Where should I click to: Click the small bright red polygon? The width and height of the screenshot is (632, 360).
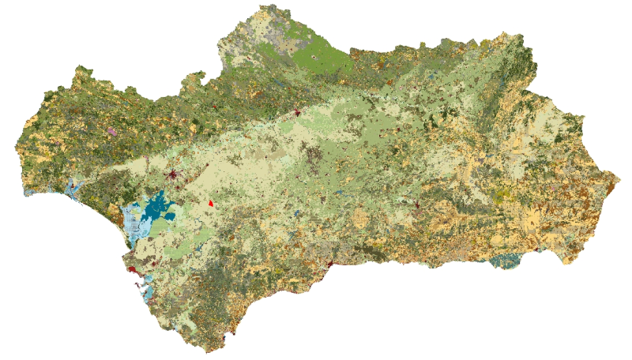click(x=211, y=203)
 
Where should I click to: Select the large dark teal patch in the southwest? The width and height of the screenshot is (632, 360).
click(x=155, y=208)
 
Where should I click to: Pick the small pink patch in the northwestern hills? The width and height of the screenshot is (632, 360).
click(x=111, y=131)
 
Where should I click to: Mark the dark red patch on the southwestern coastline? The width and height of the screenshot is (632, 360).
click(x=134, y=270)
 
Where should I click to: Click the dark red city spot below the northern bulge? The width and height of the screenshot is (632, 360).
click(x=298, y=113)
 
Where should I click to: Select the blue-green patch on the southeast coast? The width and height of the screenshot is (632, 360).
click(x=503, y=261)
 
